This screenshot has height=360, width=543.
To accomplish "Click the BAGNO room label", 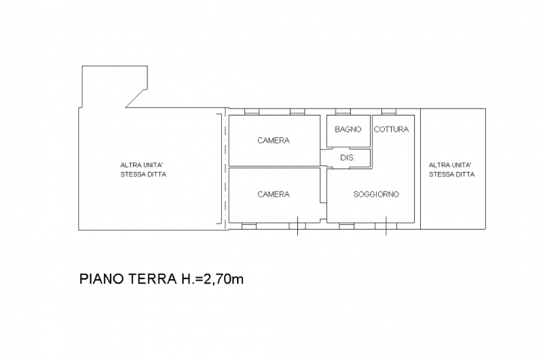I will point(348,129).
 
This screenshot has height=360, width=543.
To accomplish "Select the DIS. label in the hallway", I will point(348,158).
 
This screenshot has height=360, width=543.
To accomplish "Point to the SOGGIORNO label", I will point(376,194).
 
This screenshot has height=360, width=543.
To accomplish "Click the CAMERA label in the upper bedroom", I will point(274,141).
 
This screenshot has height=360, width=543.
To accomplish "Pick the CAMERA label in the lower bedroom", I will point(274,194).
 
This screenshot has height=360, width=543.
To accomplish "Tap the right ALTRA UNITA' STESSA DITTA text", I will point(451,169).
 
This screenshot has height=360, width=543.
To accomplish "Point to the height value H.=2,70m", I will point(211,278).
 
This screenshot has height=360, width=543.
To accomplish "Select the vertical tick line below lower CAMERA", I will point(297,229).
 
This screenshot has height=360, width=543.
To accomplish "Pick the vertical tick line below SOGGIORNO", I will point(386,229).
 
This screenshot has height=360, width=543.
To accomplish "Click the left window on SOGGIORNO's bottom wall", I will point(347,225).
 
